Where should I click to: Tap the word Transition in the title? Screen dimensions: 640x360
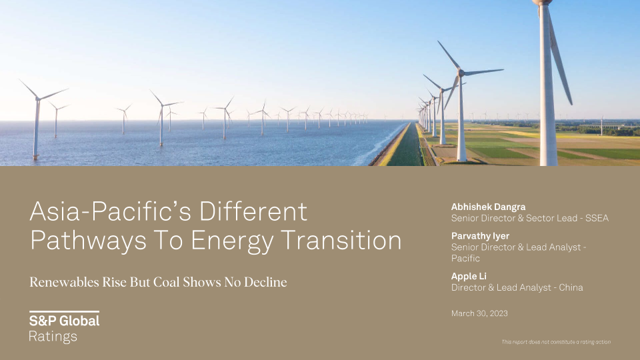point(341,240)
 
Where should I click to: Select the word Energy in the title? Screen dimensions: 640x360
point(232,241)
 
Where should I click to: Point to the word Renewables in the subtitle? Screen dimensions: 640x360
point(64,282)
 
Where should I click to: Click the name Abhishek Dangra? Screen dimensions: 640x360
point(488,207)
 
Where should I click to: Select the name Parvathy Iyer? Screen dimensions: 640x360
point(480,236)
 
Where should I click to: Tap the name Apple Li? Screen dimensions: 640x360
point(469,276)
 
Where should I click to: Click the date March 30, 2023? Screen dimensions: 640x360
point(479,313)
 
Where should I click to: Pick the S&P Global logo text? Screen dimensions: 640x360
point(64,321)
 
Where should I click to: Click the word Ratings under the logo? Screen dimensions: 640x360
point(53,337)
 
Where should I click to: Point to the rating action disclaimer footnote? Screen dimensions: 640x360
point(556,342)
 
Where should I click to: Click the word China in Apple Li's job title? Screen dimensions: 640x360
point(571,288)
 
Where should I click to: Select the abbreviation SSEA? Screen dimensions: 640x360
point(597,219)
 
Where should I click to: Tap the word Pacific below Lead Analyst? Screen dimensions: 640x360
point(465,259)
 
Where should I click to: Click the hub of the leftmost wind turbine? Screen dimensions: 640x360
point(37,99)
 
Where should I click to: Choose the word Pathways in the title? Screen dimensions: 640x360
point(88,241)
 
